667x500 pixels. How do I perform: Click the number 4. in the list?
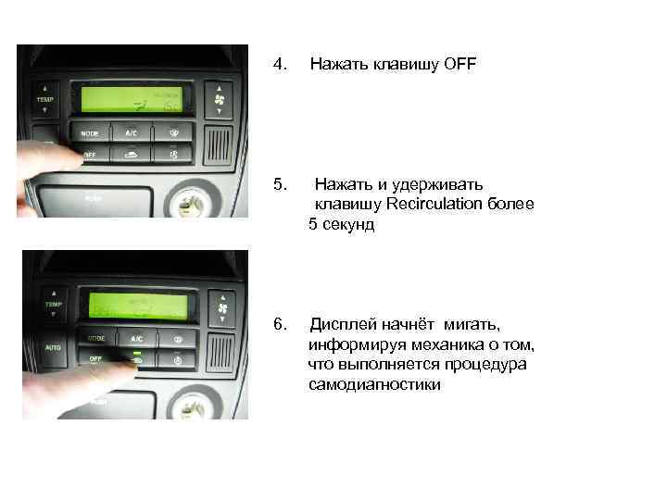point(282,65)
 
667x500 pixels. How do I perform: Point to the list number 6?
point(282,325)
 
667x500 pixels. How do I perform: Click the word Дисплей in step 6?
point(339,325)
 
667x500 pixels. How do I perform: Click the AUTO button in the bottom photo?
point(50,347)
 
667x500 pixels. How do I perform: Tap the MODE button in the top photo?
point(90,133)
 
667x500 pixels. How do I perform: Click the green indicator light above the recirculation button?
point(136,353)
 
